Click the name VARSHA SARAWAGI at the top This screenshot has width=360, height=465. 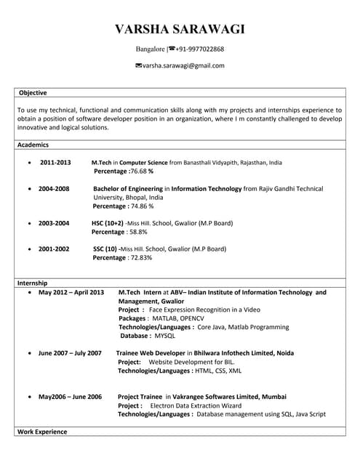point(180,29)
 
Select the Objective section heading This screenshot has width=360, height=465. point(33,93)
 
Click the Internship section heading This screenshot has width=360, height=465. point(33,282)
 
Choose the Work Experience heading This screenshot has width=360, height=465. point(41,432)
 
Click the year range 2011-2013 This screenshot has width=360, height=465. point(55,163)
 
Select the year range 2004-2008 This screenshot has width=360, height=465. point(54,189)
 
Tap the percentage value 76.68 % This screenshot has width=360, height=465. point(141,171)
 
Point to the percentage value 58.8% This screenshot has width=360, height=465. point(137,232)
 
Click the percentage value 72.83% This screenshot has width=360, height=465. point(140,257)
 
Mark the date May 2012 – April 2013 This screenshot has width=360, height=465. point(71,292)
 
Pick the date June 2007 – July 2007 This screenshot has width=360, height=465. point(70,353)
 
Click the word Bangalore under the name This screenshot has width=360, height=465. point(151,49)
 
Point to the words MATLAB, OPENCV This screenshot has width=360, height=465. point(176,318)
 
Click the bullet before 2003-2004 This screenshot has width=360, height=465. point(28,223)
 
